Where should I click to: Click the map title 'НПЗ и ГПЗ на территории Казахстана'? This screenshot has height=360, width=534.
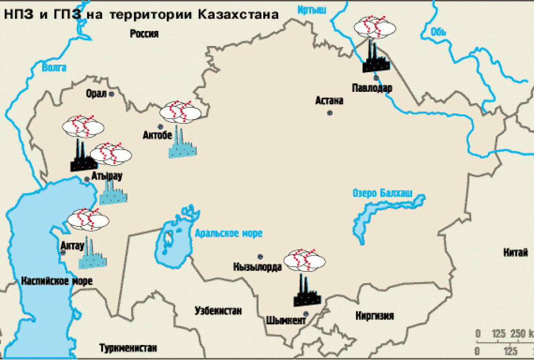point(142,14)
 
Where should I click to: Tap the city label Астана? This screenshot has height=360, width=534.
point(329,100)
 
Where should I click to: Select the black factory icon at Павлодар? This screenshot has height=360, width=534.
point(376,58)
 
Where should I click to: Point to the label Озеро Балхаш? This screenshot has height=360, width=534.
point(382,193)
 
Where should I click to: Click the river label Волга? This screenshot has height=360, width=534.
point(54,67)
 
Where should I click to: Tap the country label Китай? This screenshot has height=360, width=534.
point(515,253)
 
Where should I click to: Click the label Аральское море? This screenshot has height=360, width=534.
point(229,233)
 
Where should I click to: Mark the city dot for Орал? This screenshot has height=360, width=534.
point(112,93)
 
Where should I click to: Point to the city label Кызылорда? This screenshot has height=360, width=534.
point(257,267)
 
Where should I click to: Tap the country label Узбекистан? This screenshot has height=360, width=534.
point(218,310)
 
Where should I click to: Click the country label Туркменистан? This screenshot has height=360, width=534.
point(128,348)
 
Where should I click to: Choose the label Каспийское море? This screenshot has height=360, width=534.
point(57,280)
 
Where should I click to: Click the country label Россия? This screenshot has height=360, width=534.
point(145,34)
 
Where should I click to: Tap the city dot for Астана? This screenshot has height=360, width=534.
point(330,113)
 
